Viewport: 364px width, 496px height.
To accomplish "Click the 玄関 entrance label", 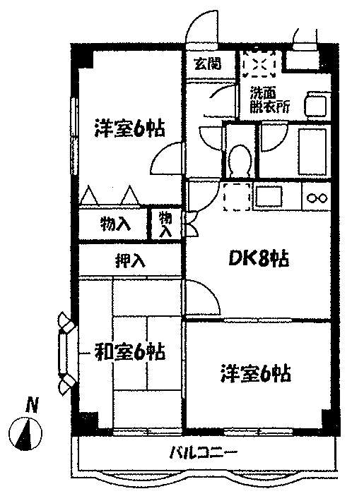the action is click(208, 64).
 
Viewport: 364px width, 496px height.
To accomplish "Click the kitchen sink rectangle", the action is click(269, 196).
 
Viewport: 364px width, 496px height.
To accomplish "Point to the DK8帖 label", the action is click(258, 259).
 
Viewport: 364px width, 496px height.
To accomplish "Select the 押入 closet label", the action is click(130, 261).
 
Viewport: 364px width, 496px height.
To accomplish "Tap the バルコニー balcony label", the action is click(204, 454).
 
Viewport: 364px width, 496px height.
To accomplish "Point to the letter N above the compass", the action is click(33, 405).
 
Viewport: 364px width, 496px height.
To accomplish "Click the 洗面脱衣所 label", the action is click(269, 100).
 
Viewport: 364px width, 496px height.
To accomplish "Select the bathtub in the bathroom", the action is click(312, 152).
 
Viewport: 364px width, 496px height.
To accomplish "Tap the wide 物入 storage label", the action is click(115, 224).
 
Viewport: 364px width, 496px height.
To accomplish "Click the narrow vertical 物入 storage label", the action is click(165, 224).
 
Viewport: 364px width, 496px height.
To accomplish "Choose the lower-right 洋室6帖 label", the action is click(256, 373).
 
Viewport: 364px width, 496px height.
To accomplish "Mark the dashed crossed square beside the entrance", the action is click(259, 63).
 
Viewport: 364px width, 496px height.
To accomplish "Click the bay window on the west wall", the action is click(66, 353).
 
